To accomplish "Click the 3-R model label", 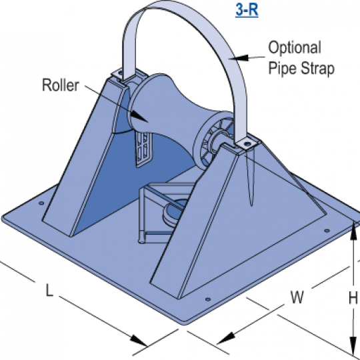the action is point(247,10).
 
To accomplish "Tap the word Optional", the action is point(295,47).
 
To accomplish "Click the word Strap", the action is point(317,68).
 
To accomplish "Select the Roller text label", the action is point(61,85).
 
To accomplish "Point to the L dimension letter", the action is point(49,290).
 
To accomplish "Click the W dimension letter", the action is point(297,297).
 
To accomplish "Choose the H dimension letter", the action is point(353,298).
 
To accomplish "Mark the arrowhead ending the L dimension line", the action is point(147,345).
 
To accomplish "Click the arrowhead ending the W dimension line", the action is point(217,343).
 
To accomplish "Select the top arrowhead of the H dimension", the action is point(353,225).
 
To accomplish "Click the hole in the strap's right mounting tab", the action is point(247,144).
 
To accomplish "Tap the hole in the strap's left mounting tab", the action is point(120,73).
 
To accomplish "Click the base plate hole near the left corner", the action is point(41,203).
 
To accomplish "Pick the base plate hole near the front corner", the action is point(208,299).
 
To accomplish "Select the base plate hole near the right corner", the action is point(327,231).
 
